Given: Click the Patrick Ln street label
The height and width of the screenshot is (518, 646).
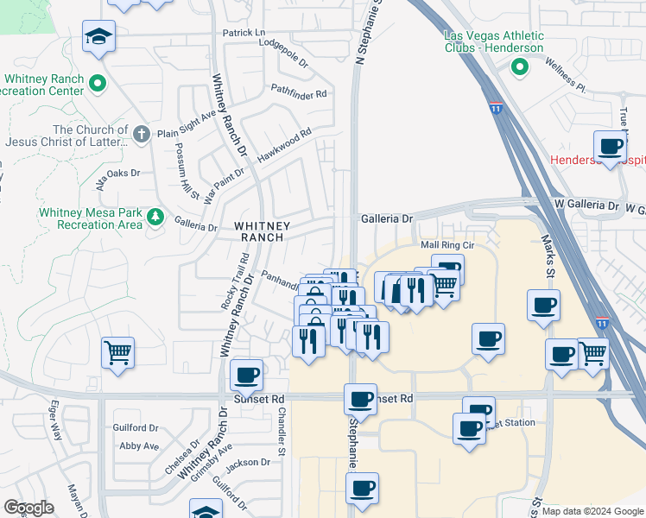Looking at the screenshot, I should (x=244, y=33).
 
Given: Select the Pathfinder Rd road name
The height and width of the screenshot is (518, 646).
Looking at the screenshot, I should (x=298, y=91).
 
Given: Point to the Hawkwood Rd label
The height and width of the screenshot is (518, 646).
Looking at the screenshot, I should (x=282, y=144).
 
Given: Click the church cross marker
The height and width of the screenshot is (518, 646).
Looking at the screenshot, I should (x=142, y=133).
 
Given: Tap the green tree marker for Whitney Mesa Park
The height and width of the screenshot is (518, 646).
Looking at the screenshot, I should (x=155, y=216).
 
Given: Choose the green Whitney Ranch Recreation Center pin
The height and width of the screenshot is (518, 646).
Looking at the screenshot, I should (x=98, y=85).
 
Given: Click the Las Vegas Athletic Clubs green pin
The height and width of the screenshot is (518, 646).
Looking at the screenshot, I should (x=520, y=67).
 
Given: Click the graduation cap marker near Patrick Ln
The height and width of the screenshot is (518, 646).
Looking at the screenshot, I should (x=98, y=37).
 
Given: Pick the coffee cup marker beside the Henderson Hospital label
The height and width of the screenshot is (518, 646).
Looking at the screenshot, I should (x=611, y=147).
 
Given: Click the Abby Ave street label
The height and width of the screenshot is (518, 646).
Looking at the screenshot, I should (x=139, y=445).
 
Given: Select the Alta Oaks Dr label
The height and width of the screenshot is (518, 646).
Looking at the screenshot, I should (x=117, y=180).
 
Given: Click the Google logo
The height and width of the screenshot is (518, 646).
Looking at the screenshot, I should (x=28, y=508).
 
